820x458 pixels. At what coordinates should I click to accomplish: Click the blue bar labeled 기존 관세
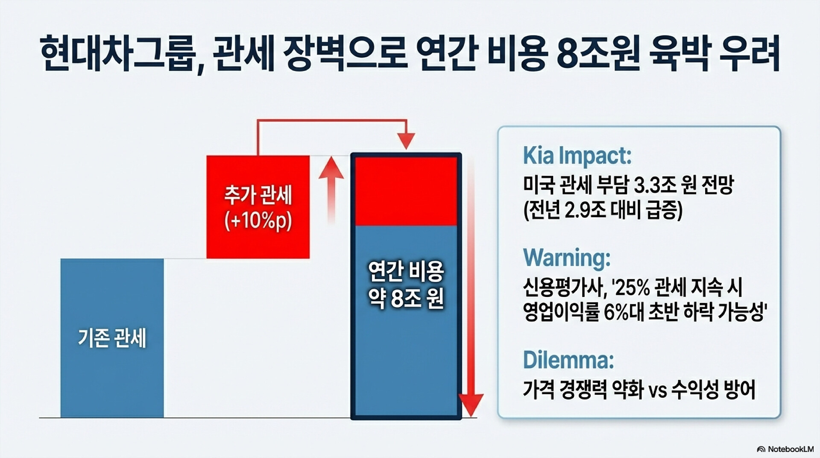(112, 338)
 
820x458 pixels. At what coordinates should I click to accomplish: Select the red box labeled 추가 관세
(258, 207)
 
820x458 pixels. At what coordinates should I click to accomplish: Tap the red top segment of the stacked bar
(406, 191)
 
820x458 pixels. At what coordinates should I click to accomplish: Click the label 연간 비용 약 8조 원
(406, 285)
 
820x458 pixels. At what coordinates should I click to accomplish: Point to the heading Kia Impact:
(577, 156)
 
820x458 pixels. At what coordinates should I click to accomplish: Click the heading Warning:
(567, 258)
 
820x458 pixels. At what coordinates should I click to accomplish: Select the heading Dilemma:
(568, 360)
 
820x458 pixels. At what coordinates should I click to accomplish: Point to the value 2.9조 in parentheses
(584, 210)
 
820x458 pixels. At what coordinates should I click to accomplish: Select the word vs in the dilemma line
(658, 390)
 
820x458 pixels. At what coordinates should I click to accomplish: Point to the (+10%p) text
(258, 221)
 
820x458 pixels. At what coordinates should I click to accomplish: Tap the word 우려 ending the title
(750, 54)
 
